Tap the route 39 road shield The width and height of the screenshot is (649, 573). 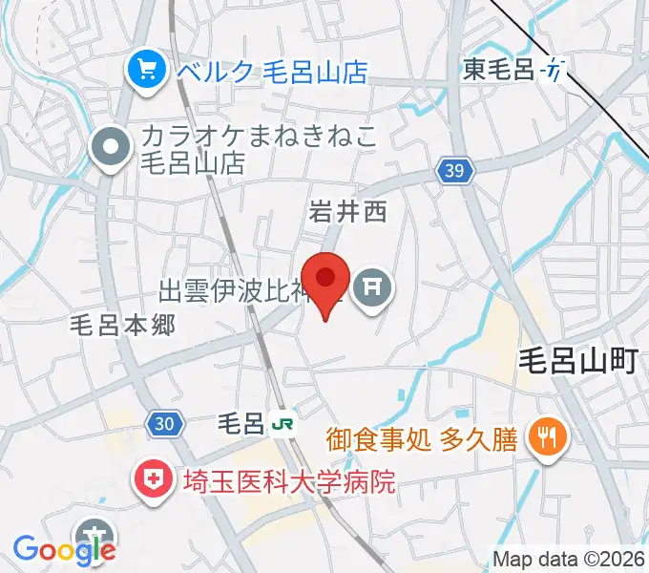pos(455,171)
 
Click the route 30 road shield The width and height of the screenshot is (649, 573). pos(163,423)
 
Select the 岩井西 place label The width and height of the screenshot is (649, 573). pos(347,212)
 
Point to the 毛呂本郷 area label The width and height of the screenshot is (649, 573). pos(123,325)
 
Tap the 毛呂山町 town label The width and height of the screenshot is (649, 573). pos(577,361)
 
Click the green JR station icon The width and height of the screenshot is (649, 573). pos(282,421)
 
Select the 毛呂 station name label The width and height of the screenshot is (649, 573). pos(241,422)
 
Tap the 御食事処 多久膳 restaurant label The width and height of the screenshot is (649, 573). pos(421,439)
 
